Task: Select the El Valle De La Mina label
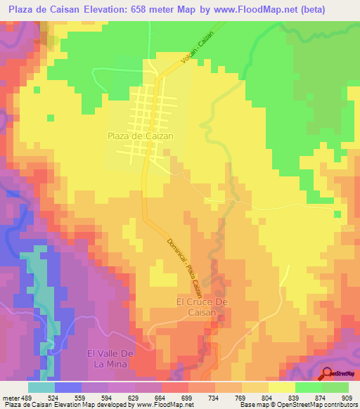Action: (x=110, y=358)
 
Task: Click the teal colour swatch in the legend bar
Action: (x=41, y=387)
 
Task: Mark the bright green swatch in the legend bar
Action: (x=309, y=387)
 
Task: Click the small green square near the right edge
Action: (x=338, y=214)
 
